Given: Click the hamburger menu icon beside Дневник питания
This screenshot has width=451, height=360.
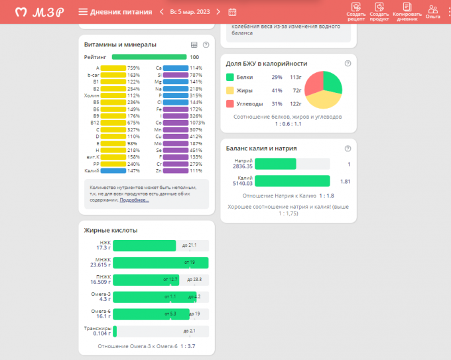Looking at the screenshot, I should coord(83,11).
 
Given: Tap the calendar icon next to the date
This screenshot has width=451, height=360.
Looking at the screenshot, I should coord(232,11).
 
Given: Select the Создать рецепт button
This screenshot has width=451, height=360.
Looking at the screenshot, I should coord(356,11).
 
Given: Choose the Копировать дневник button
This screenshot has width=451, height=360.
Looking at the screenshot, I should coord(406,11).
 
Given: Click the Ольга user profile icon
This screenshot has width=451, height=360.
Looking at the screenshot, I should coord(433,11).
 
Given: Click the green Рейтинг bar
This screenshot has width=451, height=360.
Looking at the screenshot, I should coord(149,57).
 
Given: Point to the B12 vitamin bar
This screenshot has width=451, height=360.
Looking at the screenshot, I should coord(113,123).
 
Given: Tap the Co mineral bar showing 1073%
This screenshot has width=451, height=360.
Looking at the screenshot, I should coord(175,123).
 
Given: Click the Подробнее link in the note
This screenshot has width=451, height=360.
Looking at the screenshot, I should coord(134,199).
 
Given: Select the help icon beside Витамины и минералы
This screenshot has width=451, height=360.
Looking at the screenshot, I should coord(206,44).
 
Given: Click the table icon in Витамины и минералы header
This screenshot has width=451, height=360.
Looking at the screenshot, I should coord(194,44).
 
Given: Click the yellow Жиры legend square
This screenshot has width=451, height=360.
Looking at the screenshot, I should coord(230,90).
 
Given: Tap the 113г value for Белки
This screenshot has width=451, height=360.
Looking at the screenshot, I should coord(295,77).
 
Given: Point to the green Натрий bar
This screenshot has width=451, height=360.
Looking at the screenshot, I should coord(275,164).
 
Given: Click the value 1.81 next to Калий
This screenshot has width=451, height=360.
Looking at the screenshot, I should coord(345,181).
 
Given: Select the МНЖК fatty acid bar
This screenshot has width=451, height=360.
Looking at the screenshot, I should coord(161,263).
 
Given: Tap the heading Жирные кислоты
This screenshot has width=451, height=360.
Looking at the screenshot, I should coord(111,230).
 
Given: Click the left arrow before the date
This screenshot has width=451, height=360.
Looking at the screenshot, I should coord(161,11).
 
